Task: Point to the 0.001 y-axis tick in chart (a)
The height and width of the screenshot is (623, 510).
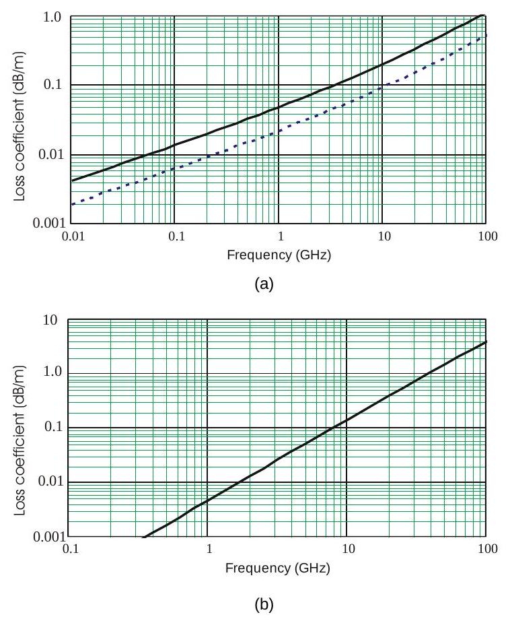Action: click(46, 223)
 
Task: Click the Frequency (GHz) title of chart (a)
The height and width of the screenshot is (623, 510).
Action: click(279, 256)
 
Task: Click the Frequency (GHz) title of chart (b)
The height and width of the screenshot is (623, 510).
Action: click(279, 568)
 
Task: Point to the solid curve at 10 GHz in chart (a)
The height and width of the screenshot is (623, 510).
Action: click(382, 65)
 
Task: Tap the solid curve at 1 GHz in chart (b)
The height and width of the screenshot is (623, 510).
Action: click(207, 500)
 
